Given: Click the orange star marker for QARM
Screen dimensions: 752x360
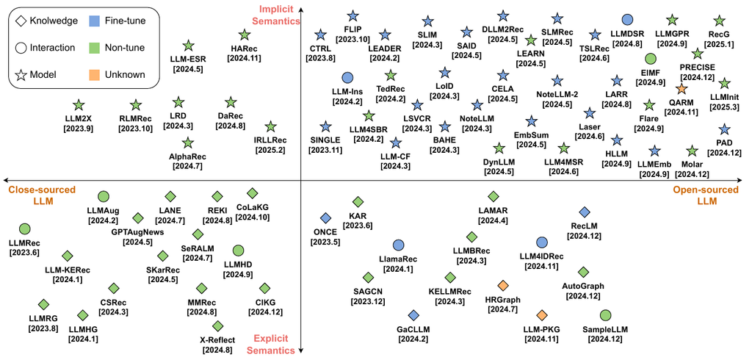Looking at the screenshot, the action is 681,89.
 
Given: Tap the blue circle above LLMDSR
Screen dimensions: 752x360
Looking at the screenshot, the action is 627,20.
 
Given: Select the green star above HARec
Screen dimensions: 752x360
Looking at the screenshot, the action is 245,35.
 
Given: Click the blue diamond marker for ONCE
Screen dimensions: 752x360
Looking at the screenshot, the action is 325,218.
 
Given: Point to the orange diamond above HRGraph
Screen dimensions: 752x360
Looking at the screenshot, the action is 502,286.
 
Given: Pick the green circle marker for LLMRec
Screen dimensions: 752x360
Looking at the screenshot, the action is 24,229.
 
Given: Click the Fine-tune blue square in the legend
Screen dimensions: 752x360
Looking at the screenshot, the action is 95,21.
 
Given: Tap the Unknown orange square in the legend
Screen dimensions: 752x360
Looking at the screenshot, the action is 95,74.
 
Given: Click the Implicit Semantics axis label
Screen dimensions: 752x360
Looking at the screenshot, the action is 278,15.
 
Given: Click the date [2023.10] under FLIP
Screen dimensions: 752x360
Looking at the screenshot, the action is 352,38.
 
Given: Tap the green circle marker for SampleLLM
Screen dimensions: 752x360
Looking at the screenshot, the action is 605,315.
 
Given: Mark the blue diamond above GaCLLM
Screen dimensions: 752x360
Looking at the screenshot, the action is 414,315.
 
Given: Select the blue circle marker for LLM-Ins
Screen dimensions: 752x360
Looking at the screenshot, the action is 347,78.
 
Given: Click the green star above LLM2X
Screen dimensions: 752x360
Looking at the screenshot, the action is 78,105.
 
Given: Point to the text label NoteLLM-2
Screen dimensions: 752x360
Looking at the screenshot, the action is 557,94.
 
